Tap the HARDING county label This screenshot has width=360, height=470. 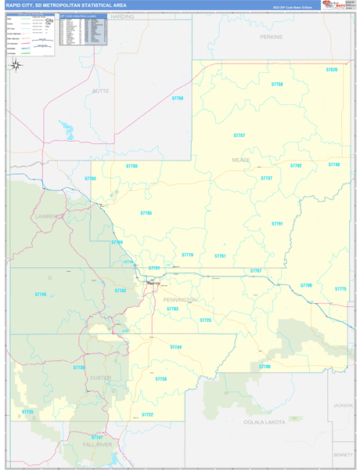pyautogui.click(x=122, y=16)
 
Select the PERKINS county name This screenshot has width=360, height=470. pyautogui.click(x=272, y=37)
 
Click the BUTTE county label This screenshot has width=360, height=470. pyautogui.click(x=101, y=91)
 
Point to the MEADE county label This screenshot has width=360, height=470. pyautogui.click(x=241, y=159)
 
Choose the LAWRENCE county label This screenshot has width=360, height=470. pyautogui.click(x=49, y=215)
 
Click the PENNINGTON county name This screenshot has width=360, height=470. pyautogui.click(x=179, y=300)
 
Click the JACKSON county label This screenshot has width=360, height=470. pyautogui.click(x=343, y=405)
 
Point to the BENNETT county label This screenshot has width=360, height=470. pyautogui.click(x=343, y=454)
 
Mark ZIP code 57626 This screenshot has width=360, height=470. pyautogui.click(x=332, y=70)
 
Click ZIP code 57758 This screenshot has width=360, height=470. pyautogui.click(x=277, y=84)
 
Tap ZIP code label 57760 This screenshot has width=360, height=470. pyautogui.click(x=177, y=98)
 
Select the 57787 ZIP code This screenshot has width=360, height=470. pyautogui.click(x=239, y=136)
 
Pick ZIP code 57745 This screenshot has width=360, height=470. pyautogui.click(x=41, y=294)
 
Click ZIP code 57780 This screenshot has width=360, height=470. pyautogui.click(x=265, y=366)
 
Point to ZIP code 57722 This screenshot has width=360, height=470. pyautogui.click(x=147, y=414)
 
